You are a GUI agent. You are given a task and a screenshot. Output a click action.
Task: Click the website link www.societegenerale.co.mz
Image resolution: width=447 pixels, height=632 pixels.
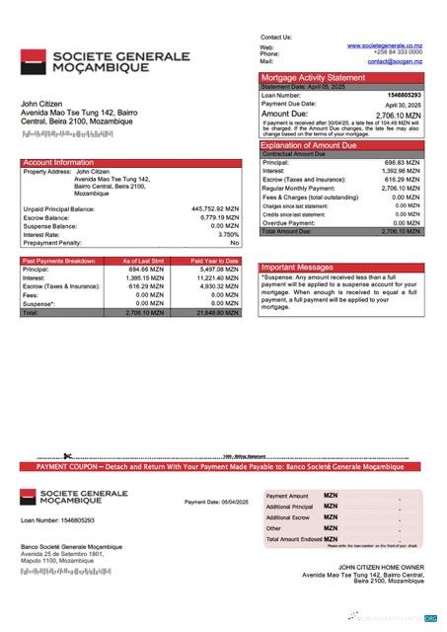[x=384, y=45]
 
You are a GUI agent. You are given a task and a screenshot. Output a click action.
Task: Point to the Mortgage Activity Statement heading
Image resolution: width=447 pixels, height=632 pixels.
[x=312, y=77]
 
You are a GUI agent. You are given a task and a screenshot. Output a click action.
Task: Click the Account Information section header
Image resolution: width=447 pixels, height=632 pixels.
[x=58, y=162]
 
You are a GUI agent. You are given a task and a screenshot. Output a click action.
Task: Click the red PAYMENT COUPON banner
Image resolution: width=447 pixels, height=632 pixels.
[x=223, y=465]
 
